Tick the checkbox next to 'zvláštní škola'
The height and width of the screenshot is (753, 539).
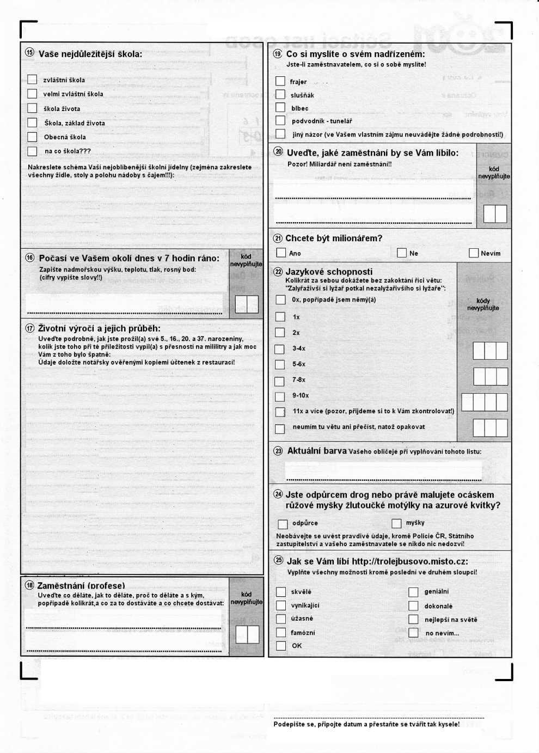click(32, 79)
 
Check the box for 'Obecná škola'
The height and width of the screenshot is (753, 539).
click(32, 137)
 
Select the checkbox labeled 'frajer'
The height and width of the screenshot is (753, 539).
click(280, 81)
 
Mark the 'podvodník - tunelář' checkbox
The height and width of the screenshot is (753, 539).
click(280, 120)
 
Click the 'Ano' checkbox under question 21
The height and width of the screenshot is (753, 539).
click(281, 253)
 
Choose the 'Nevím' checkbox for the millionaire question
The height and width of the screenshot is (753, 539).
click(474, 253)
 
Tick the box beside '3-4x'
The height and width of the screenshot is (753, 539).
click(280, 348)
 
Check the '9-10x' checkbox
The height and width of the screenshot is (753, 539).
click(280, 396)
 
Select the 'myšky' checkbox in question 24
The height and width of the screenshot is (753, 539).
click(396, 523)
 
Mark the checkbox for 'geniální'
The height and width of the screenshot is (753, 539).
click(413, 592)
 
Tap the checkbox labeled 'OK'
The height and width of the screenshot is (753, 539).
click(281, 646)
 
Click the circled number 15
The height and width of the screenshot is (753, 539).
click(30, 53)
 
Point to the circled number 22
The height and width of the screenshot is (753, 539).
click(278, 271)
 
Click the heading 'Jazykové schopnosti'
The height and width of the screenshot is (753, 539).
click(329, 272)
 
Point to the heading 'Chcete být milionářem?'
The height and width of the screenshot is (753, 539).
click(334, 238)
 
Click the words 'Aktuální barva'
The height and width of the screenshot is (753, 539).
click(317, 451)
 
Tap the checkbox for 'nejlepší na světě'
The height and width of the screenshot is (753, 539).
click(413, 619)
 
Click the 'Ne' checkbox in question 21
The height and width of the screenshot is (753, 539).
click(402, 253)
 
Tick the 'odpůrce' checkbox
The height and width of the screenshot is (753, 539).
click(283, 524)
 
